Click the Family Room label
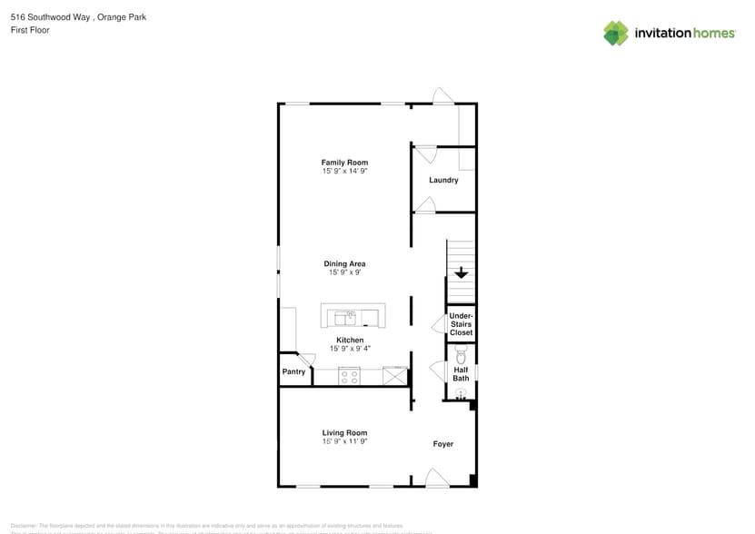click(x=344, y=163)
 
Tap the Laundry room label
click(x=443, y=180)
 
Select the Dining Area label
click(x=344, y=264)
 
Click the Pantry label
click(x=293, y=371)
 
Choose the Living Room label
click(x=344, y=433)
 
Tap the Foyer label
click(x=442, y=444)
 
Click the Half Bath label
click(x=461, y=374)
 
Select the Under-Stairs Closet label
click(x=461, y=324)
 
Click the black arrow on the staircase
click(x=461, y=272)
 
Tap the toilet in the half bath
click(x=461, y=351)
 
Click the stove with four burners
click(x=349, y=376)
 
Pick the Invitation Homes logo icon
click(x=616, y=34)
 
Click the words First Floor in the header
click(x=30, y=30)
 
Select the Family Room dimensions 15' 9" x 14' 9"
click(x=344, y=171)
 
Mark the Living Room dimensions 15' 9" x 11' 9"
click(x=344, y=441)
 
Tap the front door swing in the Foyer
click(x=436, y=477)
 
